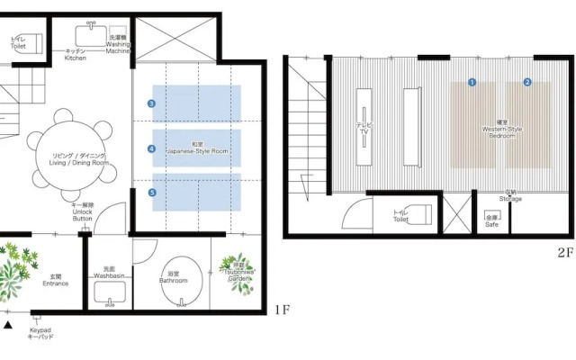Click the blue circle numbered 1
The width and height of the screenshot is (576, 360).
pyautogui.click(x=471, y=82)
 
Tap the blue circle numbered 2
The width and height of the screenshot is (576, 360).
pyautogui.click(x=527, y=82)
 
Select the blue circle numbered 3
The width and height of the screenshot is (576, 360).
pyautogui.click(x=152, y=104)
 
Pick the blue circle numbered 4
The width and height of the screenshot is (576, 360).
pyautogui.click(x=152, y=148)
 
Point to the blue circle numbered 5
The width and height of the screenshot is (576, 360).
pyautogui.click(x=152, y=193)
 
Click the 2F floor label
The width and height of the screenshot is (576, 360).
pyautogui.click(x=564, y=254)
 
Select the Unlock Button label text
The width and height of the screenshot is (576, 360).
pyautogui.click(x=82, y=212)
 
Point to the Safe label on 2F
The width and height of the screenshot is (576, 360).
pyautogui.click(x=491, y=220)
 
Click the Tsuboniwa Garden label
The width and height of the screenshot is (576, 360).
pyautogui.click(x=238, y=272)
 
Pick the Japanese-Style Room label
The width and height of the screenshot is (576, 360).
pyautogui.click(x=197, y=148)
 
